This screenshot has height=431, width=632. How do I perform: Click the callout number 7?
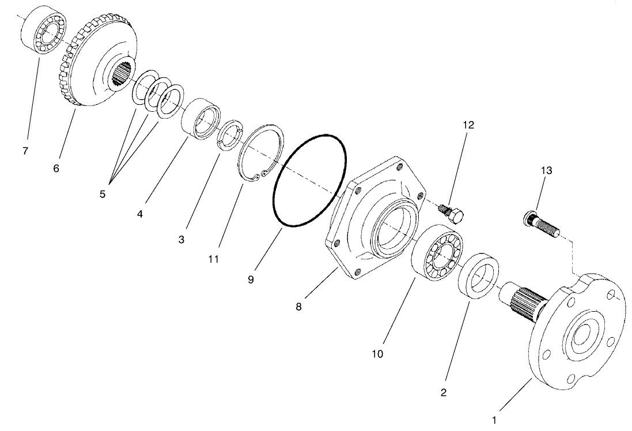coord(25,152)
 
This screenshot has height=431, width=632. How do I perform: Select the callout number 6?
coord(56,169)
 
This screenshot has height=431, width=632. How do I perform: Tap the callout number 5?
coord(103,194)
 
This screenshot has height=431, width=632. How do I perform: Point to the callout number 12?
coord(468,125)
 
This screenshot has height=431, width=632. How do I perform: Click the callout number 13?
coord(546,170)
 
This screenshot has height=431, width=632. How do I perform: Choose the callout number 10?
coord(377,353)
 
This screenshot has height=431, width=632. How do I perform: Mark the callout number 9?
coord(251,279)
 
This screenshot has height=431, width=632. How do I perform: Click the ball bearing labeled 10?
coord(437,254)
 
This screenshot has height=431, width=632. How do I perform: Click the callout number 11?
coord(214,259)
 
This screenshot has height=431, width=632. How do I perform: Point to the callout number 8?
coord(298,307)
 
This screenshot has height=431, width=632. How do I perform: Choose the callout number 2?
coord(443,393)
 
